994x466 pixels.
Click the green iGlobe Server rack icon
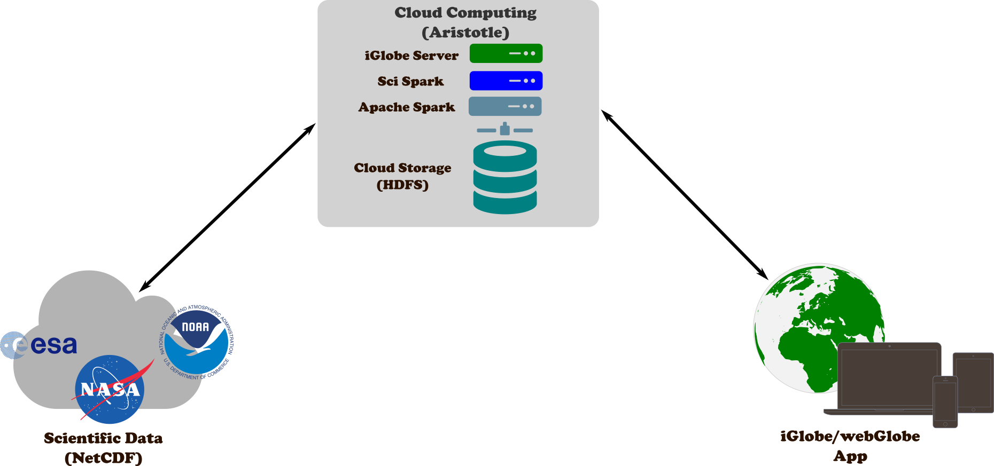point(506,53)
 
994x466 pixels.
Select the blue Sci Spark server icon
point(506,81)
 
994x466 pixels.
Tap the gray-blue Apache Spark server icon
point(505,106)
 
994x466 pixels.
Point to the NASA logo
point(110,389)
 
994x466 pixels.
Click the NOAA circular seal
point(196,342)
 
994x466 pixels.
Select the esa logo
point(40,345)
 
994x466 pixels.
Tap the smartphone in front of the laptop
point(945,401)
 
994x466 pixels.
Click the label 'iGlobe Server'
point(411,56)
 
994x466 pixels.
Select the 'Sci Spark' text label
point(410,81)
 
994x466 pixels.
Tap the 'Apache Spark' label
point(407,107)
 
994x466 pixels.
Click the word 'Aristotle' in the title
point(465,33)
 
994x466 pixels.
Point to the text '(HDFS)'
point(402,185)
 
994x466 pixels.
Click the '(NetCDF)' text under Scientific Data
point(103,457)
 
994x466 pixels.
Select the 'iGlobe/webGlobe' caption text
point(850,437)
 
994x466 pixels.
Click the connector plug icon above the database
point(504,129)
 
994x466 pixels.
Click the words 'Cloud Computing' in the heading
point(465,13)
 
